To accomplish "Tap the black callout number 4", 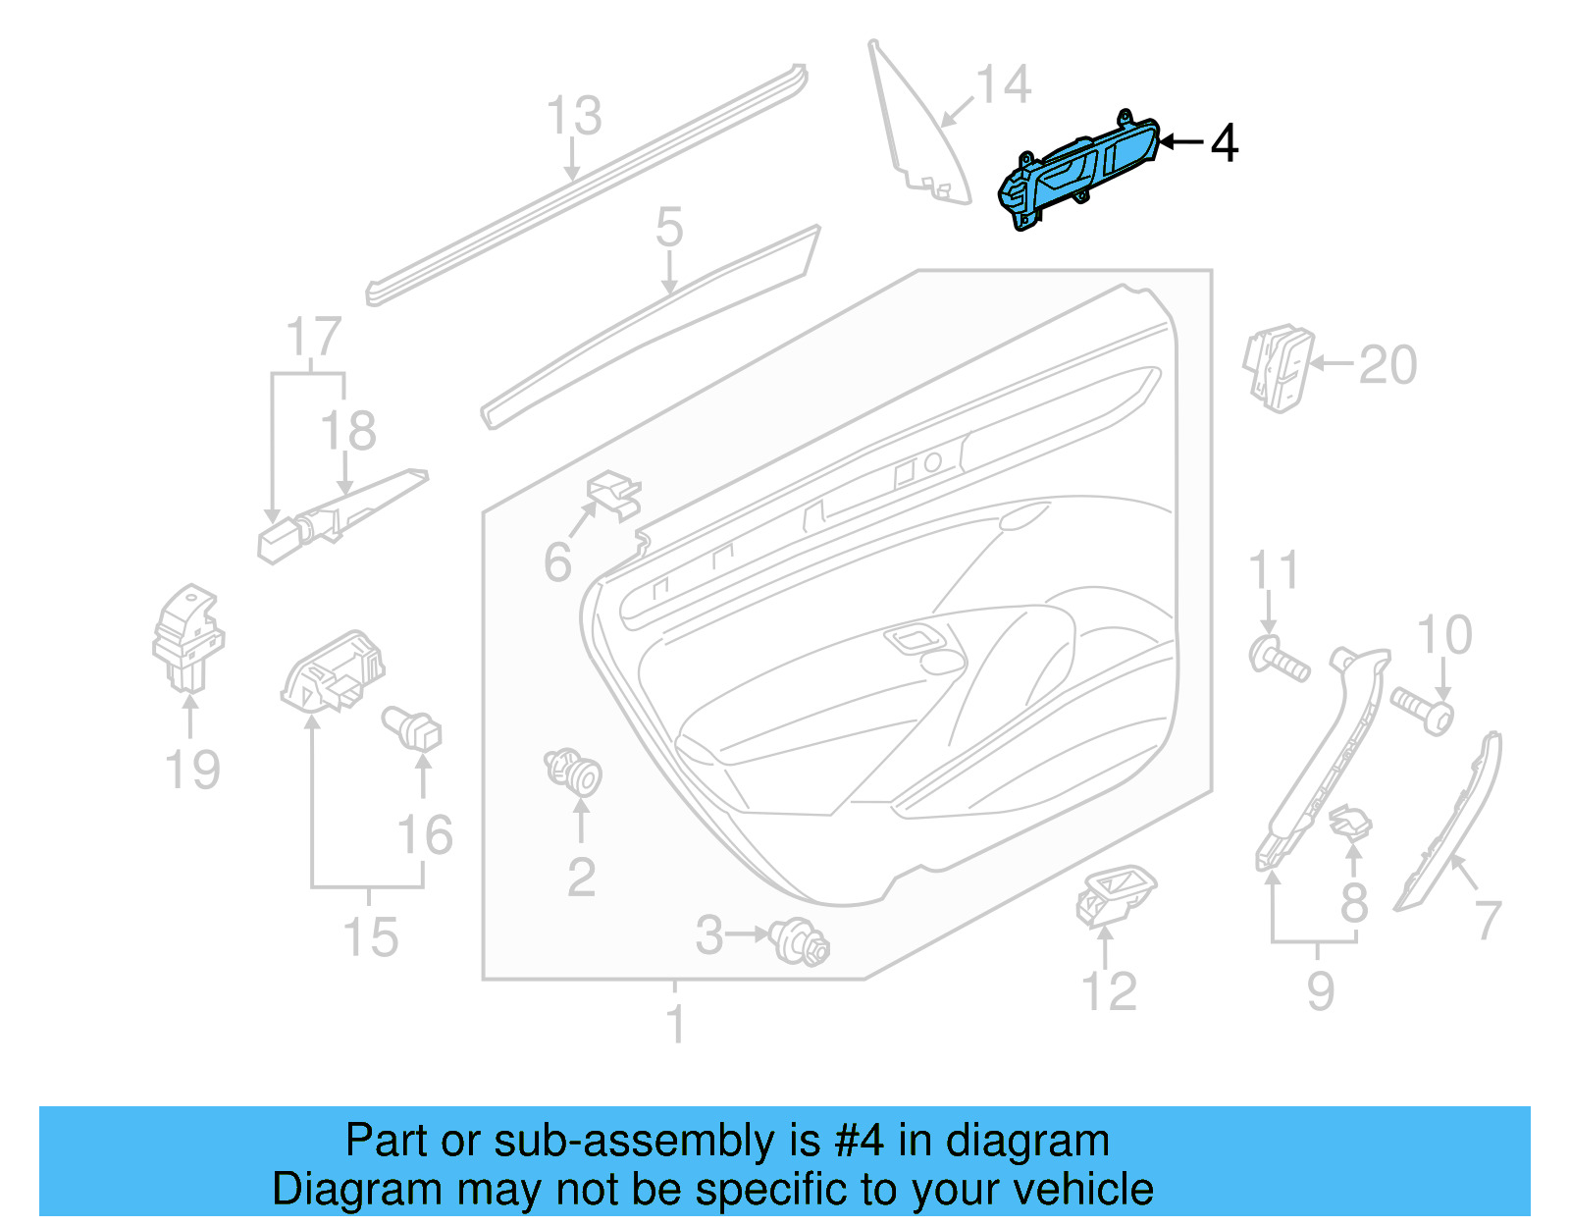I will (1224, 143).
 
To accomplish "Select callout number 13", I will (574, 116).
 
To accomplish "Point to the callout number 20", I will (1387, 365).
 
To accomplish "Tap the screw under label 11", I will (1279, 658).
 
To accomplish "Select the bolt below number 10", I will (1421, 711).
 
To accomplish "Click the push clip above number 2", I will (574, 771).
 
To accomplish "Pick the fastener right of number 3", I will (801, 941).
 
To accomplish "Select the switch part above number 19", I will (188, 637).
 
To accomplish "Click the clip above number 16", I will (413, 727).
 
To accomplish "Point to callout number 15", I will (370, 936).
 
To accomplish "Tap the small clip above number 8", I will (1350, 822).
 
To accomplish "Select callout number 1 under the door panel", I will (675, 1024).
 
